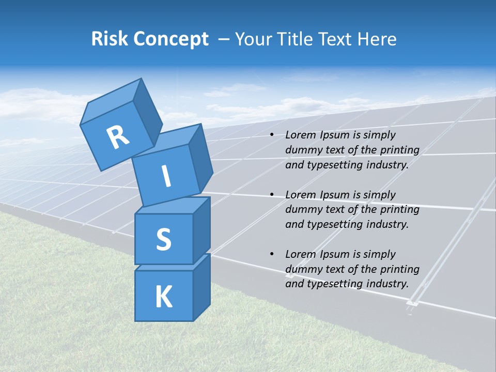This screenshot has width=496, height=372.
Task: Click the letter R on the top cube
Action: [x=118, y=137]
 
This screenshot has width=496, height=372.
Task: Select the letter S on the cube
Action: [x=163, y=239]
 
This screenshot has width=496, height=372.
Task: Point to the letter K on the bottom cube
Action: [x=163, y=297]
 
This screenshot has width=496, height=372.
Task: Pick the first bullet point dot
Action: [x=272, y=135]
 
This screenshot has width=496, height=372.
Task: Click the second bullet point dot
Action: [x=272, y=195]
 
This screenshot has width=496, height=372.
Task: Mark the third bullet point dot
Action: [x=272, y=254]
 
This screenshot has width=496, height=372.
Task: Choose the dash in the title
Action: [x=224, y=39]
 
